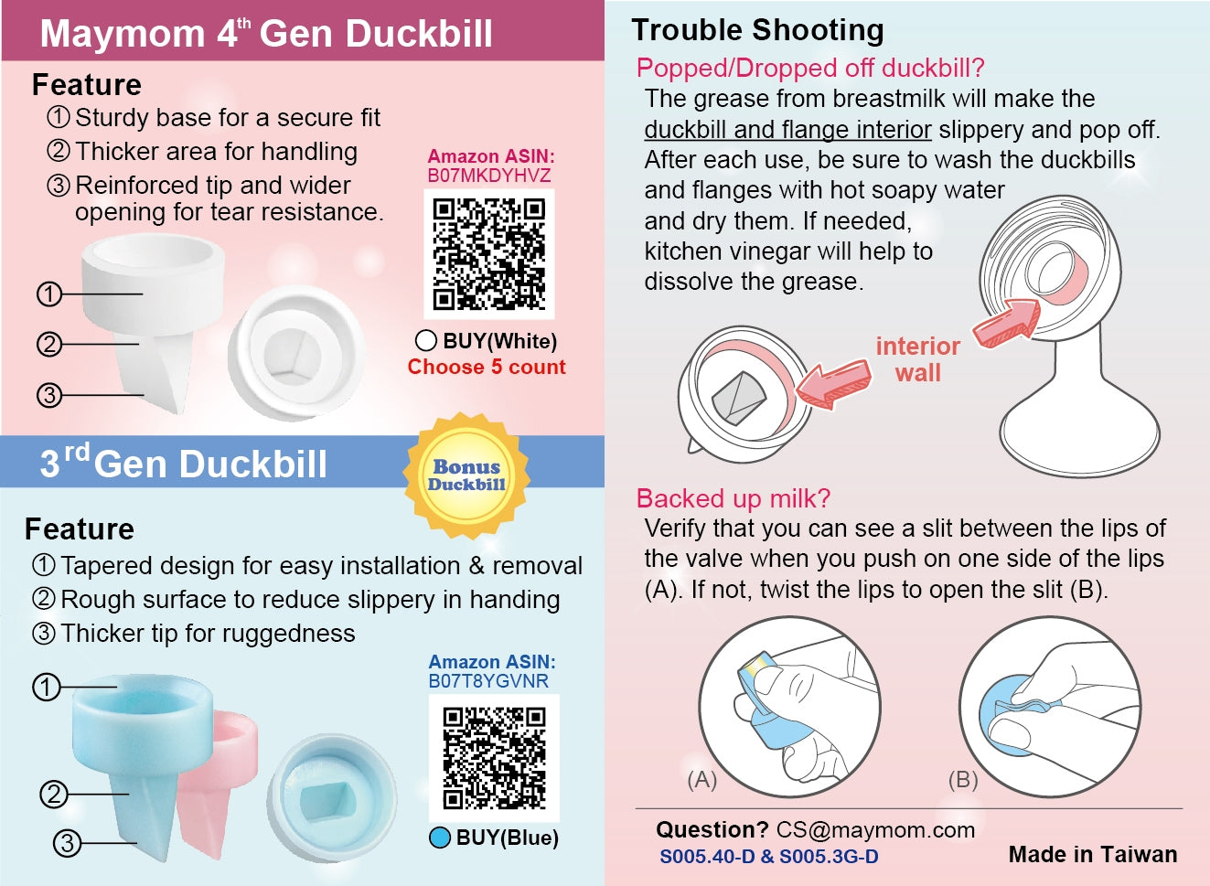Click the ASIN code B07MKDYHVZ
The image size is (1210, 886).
click(x=489, y=176)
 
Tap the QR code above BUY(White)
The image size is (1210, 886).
click(x=489, y=254)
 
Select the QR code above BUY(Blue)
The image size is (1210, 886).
click(x=494, y=758)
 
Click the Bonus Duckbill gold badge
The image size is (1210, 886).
click(x=466, y=475)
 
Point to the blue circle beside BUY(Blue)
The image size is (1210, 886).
click(x=440, y=838)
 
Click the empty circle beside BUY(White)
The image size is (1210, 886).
click(x=425, y=341)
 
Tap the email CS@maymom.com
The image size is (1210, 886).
click(x=875, y=830)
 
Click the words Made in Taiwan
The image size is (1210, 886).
click(x=1093, y=854)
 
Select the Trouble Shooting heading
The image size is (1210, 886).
click(x=757, y=29)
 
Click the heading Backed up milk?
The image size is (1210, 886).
click(x=733, y=497)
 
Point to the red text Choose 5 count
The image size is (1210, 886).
click(x=487, y=367)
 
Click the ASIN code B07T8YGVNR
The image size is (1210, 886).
click(x=488, y=681)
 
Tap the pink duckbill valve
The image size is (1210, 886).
click(x=221, y=777)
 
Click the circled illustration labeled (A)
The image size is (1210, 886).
click(x=789, y=707)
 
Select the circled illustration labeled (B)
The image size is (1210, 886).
click(x=1051, y=707)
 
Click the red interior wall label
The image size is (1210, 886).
click(x=917, y=359)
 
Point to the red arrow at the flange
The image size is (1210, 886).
click(x=1007, y=323)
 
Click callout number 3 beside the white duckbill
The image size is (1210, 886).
click(x=49, y=395)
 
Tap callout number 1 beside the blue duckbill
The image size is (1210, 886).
click(x=47, y=688)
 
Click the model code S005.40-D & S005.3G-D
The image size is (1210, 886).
click(x=769, y=857)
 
